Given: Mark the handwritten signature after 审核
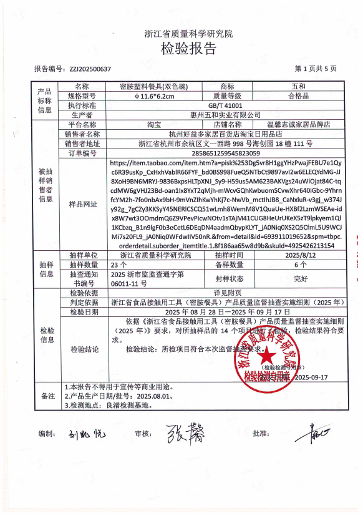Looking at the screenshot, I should (185, 432).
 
